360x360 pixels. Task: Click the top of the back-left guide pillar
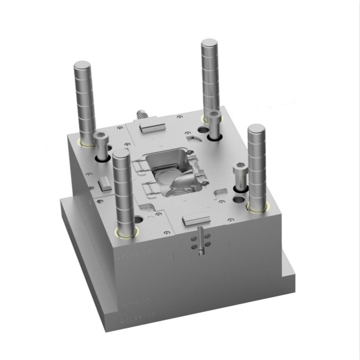coord(82,65)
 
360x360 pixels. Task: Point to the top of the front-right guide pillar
coord(256,128)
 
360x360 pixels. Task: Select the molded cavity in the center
coord(173,173)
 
